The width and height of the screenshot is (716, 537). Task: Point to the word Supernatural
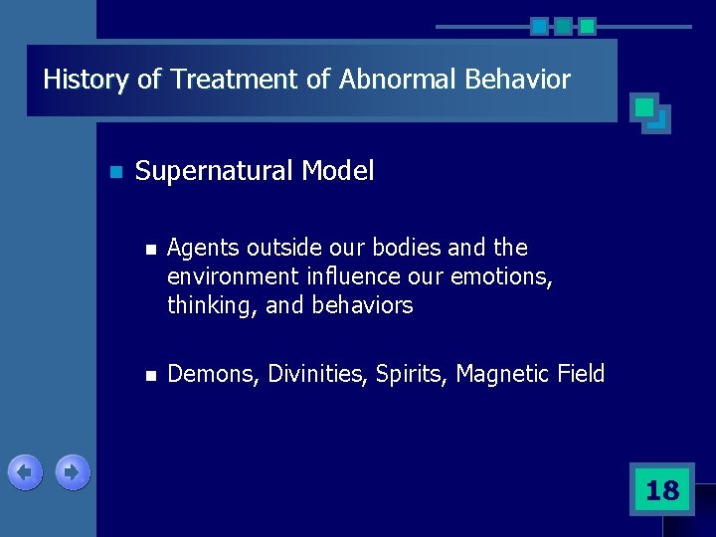tap(214, 172)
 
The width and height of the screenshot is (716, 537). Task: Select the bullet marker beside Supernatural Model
tap(115, 173)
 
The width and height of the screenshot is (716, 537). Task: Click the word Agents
tap(203, 248)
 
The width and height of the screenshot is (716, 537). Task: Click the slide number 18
tap(661, 490)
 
